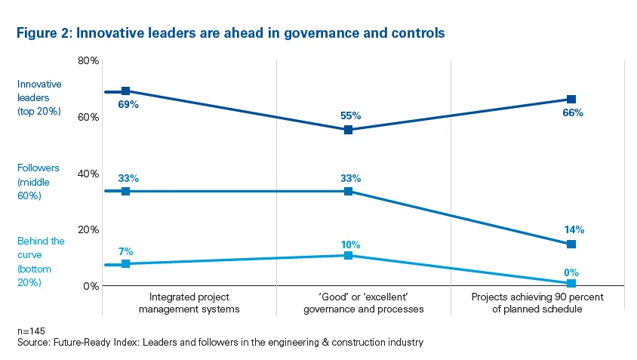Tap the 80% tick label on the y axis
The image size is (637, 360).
(90, 60)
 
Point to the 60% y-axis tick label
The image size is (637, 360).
(90, 117)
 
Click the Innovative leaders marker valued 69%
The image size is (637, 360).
(126, 91)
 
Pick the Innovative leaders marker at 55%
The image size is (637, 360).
(348, 130)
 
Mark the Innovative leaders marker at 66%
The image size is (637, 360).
(571, 99)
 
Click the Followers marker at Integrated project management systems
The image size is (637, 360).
(126, 191)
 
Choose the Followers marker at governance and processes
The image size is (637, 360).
(348, 191)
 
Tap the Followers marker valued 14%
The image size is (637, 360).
(571, 244)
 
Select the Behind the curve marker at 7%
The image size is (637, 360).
(126, 263)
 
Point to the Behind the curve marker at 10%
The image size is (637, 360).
(348, 255)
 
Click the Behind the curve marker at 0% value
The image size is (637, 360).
(571, 283)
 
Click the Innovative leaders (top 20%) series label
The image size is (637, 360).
(39, 98)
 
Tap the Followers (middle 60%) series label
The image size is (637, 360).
(38, 182)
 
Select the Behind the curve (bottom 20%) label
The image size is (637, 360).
(41, 261)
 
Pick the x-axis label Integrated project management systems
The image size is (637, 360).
(189, 303)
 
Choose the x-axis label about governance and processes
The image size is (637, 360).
(363, 303)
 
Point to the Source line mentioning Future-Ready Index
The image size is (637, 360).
(220, 343)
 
